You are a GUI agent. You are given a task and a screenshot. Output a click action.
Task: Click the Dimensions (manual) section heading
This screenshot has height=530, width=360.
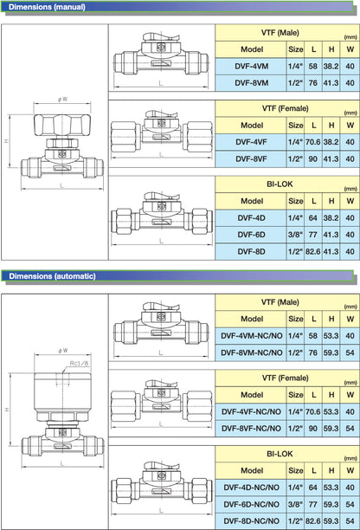(x=47, y=7)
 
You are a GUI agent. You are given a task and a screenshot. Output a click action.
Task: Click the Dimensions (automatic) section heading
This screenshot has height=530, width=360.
(x=52, y=276)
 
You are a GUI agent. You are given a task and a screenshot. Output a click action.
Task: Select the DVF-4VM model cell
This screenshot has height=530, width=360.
(x=252, y=66)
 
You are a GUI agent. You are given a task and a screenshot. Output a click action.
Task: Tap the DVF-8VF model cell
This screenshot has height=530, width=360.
(x=252, y=158)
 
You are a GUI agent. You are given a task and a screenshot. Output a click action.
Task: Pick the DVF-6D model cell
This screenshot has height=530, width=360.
(x=252, y=235)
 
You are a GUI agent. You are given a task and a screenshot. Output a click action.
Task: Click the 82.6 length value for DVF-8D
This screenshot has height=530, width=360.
(x=312, y=251)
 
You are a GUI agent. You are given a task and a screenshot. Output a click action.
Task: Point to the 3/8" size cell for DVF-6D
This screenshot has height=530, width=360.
(x=295, y=235)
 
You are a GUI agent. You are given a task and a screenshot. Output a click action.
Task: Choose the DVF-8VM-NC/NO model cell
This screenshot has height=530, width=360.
(x=252, y=352)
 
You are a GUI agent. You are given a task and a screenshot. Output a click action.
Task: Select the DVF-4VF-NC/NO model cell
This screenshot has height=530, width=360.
(x=252, y=411)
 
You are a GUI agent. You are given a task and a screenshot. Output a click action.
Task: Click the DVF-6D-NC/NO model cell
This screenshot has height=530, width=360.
(x=252, y=504)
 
